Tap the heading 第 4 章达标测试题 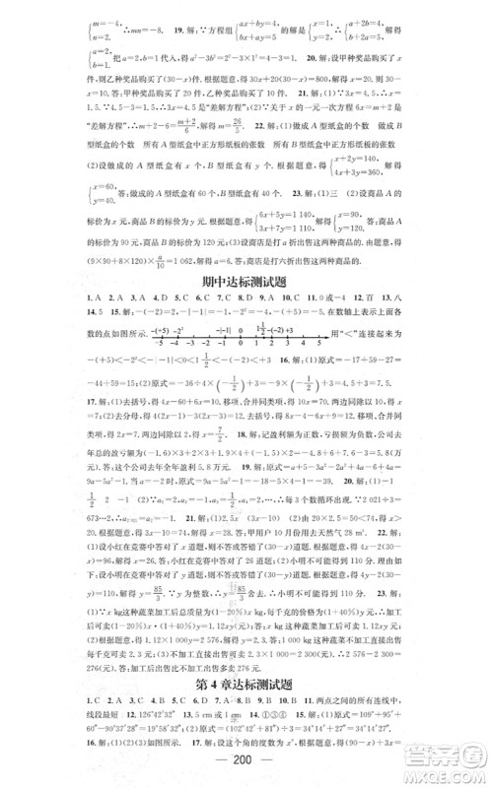[x=245, y=681]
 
